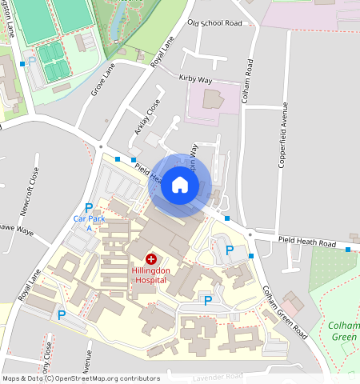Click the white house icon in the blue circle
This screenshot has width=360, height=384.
(180, 186)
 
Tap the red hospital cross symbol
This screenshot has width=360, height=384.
(150, 260)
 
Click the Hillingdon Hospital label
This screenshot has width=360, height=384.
(150, 275)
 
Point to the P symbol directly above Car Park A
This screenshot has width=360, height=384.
(88, 208)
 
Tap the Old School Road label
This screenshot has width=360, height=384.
(214, 23)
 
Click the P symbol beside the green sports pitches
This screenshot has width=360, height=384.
(31, 61)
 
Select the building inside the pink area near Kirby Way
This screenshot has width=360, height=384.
(213, 100)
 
